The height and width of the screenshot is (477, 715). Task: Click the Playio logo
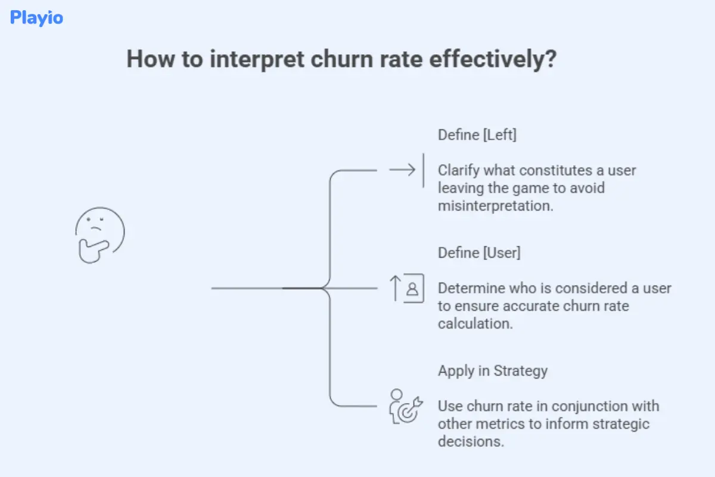[36, 18]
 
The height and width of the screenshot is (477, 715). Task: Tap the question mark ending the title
[549, 60]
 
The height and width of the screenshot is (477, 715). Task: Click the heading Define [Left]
[477, 135]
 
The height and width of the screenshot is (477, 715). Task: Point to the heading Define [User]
[479, 253]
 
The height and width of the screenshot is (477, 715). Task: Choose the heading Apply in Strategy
[493, 371]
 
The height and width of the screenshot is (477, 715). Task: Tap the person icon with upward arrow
[407, 289]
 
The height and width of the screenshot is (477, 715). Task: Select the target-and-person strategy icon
[405, 407]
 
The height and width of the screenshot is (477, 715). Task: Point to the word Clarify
[459, 171]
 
